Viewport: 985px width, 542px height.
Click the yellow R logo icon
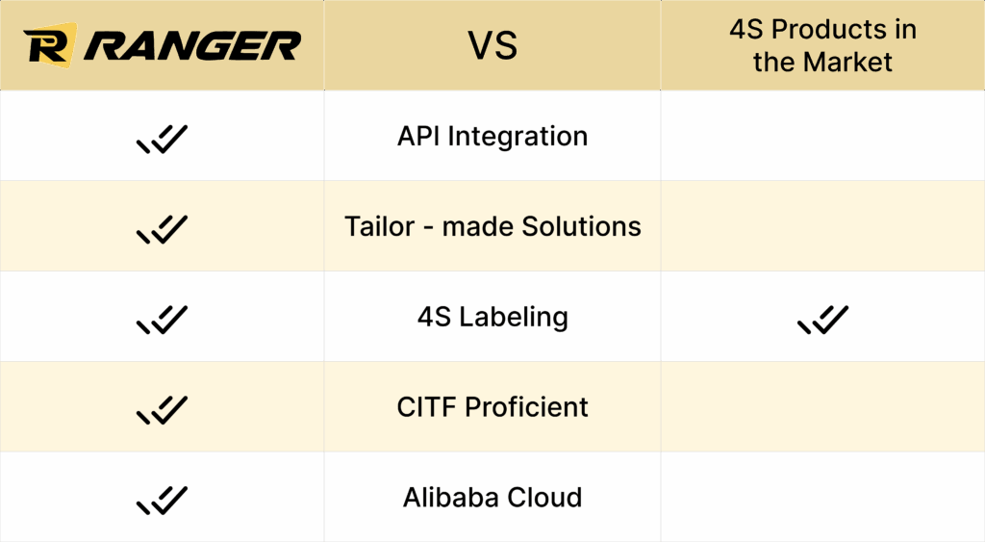click(x=50, y=45)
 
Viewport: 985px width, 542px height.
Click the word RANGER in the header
click(x=192, y=46)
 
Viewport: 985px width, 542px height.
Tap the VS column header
click(x=492, y=45)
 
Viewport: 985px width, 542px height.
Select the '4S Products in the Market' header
click(x=823, y=45)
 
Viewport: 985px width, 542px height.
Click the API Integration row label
click(x=492, y=137)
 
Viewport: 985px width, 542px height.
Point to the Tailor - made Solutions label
click(x=492, y=226)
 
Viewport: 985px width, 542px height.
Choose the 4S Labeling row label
click(x=492, y=317)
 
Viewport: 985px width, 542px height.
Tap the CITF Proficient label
click(x=492, y=407)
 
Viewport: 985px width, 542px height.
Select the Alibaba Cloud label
click(x=492, y=498)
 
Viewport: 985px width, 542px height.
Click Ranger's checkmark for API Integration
click(x=162, y=139)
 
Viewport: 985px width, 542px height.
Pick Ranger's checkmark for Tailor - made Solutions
click(x=162, y=229)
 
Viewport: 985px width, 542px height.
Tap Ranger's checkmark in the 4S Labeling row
click(x=162, y=320)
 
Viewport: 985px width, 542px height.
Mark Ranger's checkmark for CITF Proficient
click(x=162, y=410)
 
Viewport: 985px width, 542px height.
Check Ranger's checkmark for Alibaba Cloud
click(x=162, y=501)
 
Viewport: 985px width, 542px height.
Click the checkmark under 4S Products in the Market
click(x=823, y=320)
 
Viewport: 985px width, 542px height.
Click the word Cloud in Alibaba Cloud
click(x=544, y=498)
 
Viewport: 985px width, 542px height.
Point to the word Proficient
click(x=526, y=407)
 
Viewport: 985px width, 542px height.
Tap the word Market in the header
click(x=848, y=62)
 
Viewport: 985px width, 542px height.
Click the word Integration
click(x=518, y=137)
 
